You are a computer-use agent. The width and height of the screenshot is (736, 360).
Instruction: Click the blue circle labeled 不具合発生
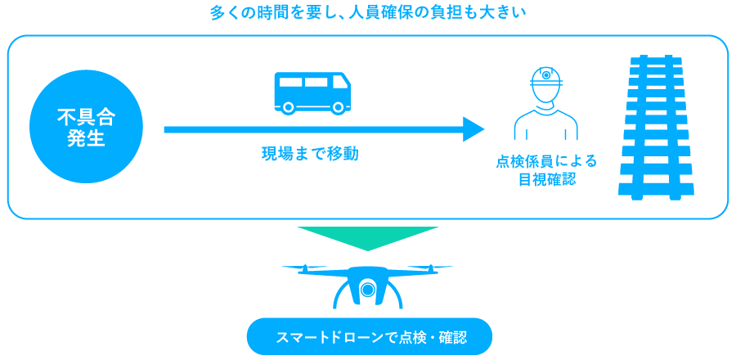point(86,127)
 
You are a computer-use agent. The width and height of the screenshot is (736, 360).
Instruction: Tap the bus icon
point(312,93)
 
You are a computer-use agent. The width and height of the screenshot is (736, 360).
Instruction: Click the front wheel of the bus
point(337,107)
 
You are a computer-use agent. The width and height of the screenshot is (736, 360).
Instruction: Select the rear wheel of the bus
point(289,107)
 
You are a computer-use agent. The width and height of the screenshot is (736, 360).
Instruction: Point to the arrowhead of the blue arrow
point(473,129)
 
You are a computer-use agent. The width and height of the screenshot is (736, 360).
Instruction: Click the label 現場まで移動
point(310,154)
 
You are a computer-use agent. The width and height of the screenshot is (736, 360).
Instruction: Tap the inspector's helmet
point(546,78)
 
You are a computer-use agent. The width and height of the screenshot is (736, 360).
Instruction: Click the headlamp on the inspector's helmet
point(546,74)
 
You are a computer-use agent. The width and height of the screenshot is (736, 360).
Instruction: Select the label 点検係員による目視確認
point(546,170)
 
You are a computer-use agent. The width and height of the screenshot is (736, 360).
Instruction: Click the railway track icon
point(656,127)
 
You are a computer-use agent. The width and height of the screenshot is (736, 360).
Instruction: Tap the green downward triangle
point(367,238)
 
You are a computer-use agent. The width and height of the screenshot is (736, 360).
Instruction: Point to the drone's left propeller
point(303,268)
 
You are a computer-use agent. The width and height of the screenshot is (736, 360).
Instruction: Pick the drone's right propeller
point(431,268)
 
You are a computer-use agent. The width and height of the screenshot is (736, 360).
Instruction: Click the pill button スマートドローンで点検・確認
point(370,336)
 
